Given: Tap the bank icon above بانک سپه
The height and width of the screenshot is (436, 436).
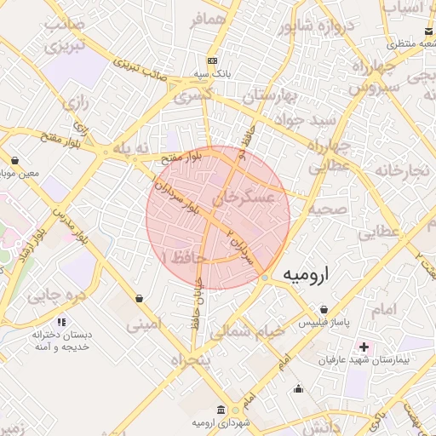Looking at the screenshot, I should point(212,61).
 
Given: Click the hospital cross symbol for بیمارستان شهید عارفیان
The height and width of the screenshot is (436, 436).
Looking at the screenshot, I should point(364,347).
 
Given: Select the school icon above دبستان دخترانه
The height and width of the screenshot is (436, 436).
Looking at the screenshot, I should point(60,323).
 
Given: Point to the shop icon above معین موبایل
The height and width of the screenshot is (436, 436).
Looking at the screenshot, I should point(15,160).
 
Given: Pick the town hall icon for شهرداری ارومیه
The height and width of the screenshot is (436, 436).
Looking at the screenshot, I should point(221,410).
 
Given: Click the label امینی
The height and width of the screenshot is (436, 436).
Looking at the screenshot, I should point(142,324).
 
